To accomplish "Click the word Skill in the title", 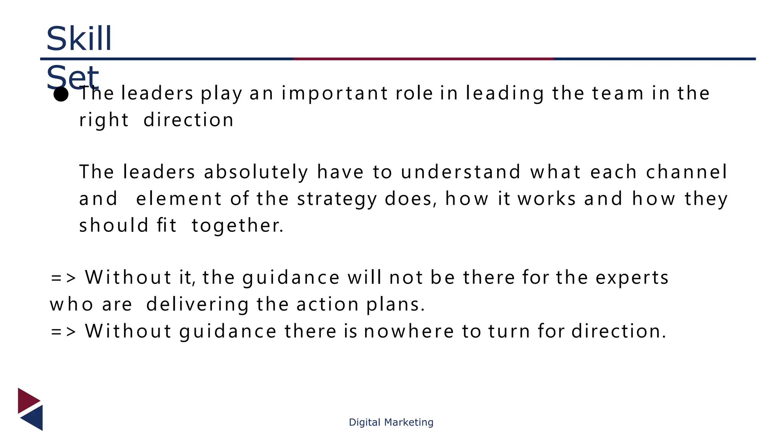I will (x=79, y=39).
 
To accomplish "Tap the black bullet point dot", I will (x=61, y=94).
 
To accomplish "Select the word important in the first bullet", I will (x=335, y=94).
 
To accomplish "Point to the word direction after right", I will (x=188, y=120).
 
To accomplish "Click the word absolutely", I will (x=256, y=172).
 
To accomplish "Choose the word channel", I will (x=687, y=172).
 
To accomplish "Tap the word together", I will (x=237, y=226).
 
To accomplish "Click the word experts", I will (x=632, y=278).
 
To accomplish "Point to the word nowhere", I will (x=408, y=331).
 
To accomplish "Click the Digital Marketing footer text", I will (x=391, y=422).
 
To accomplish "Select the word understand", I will (x=461, y=172).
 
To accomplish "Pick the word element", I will (x=179, y=199).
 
